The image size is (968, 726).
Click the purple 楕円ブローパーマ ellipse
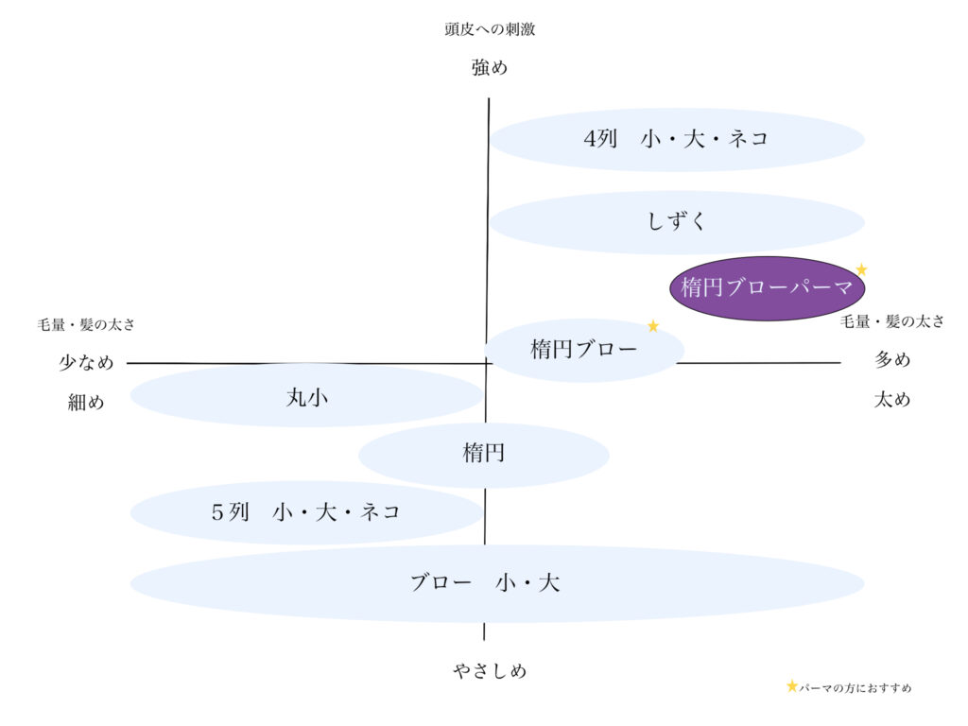point(766,288)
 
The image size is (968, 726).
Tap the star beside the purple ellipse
point(861,269)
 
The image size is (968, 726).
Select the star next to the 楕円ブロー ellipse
point(652,326)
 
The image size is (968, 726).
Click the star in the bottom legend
point(792,686)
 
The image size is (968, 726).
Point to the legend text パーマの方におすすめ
point(856,688)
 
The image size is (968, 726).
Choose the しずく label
point(677,222)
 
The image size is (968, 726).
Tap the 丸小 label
point(306,398)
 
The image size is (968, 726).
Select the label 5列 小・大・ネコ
point(306,512)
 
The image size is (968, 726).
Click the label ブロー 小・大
point(484,583)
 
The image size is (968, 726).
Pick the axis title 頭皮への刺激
point(490,29)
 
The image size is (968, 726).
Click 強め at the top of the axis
point(490,68)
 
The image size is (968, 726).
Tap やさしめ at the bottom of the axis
point(489,671)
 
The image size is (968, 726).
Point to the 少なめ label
point(86,362)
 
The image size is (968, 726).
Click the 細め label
point(86,402)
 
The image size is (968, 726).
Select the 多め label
point(892,360)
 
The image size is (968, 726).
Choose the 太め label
point(892,399)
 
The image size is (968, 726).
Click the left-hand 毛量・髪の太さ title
point(86,325)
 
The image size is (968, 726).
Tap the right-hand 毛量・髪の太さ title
point(892,321)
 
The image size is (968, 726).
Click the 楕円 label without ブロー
point(484,454)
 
